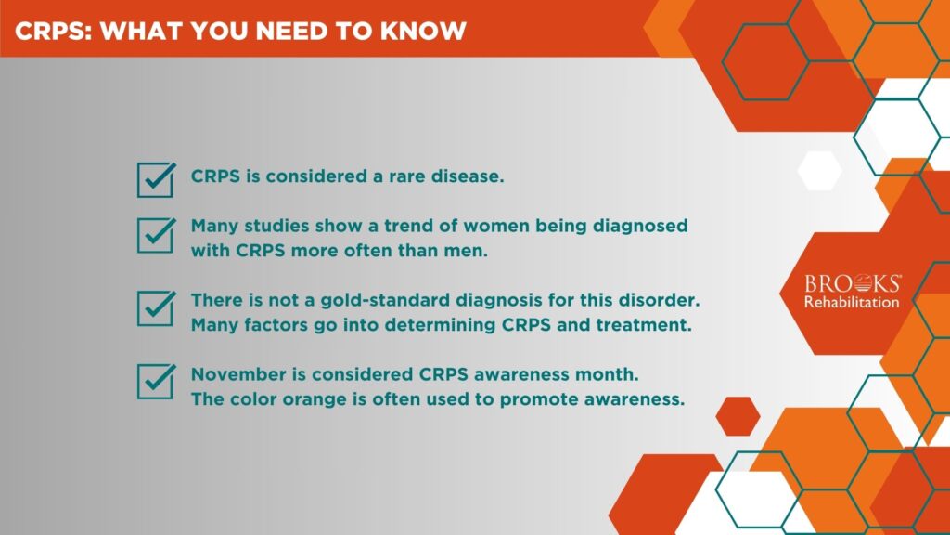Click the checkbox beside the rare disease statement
pyautogui.click(x=155, y=179)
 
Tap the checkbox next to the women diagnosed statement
pyautogui.click(x=155, y=236)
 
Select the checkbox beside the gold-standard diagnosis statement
pyautogui.click(x=155, y=308)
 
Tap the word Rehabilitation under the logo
pyautogui.click(x=852, y=302)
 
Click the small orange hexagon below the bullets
pyautogui.click(x=738, y=416)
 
